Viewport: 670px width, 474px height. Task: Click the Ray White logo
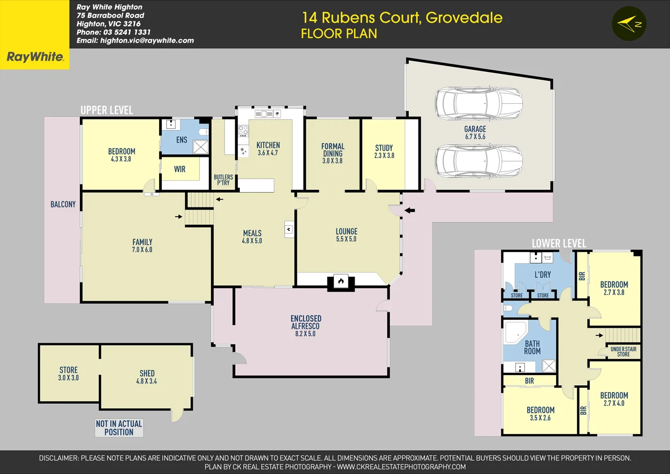click(35, 57)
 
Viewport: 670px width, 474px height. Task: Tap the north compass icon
click(630, 24)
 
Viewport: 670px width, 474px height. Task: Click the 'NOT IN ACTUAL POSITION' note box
click(119, 428)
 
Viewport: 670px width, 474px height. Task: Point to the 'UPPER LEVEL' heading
click(106, 110)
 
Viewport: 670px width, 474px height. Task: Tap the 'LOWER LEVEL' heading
click(559, 244)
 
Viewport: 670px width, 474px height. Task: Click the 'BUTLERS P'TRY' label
click(223, 180)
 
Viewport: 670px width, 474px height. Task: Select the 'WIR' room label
click(180, 169)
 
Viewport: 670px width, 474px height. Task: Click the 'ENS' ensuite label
click(182, 140)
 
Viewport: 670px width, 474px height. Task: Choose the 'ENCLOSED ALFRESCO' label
click(306, 322)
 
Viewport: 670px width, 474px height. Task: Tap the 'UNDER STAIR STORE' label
click(623, 352)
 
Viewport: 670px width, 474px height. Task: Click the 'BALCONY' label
click(63, 204)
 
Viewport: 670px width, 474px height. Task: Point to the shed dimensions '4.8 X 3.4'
click(147, 381)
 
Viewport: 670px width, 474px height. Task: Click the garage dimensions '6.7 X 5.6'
click(474, 137)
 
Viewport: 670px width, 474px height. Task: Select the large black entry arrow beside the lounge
click(409, 211)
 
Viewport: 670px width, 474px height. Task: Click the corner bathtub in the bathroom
click(515, 332)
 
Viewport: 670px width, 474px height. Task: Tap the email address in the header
click(135, 40)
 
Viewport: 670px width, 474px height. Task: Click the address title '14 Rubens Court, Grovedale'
click(402, 18)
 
